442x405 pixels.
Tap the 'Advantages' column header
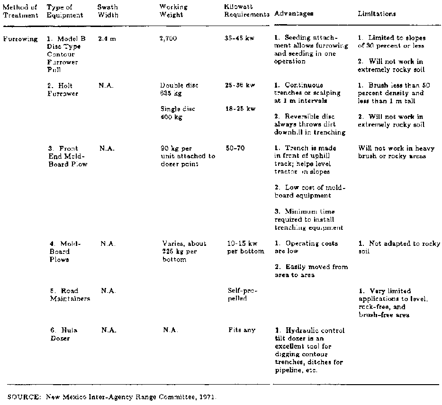coord(294,14)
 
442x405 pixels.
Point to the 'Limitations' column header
coord(377,14)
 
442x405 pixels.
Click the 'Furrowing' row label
coord(20,39)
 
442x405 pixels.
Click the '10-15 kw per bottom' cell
coord(245,247)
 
